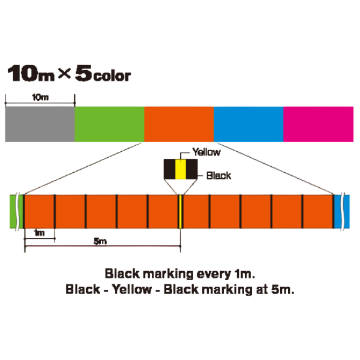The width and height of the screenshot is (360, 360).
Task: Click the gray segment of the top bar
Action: tap(40, 124)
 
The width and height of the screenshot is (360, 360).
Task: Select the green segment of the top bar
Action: tap(110, 124)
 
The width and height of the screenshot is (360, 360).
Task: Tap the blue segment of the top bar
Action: tap(248, 124)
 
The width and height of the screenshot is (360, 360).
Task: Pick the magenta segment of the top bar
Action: tap(319, 124)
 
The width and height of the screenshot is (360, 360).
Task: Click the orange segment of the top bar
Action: tap(179, 124)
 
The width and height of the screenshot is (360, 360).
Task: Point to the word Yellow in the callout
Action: tap(206, 152)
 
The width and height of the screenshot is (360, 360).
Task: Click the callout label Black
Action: tap(218, 176)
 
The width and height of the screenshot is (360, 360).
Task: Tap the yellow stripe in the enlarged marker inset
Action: tap(181, 169)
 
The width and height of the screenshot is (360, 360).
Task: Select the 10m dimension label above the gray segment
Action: tap(40, 97)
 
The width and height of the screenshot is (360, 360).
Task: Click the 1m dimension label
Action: tap(39, 233)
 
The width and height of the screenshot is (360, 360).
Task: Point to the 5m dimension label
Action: tap(100, 241)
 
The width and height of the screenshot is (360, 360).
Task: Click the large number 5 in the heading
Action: tap(83, 73)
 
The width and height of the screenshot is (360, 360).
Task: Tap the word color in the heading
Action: tap(112, 76)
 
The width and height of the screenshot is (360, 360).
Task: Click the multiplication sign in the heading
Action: tap(64, 73)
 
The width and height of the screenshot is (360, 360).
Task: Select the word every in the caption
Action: tap(214, 274)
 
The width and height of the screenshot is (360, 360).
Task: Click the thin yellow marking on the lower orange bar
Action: tap(181, 211)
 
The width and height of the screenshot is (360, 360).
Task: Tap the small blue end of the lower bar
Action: tap(342, 211)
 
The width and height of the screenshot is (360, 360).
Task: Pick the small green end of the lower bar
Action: tap(17, 211)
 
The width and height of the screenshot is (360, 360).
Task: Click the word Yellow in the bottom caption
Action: tap(132, 289)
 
